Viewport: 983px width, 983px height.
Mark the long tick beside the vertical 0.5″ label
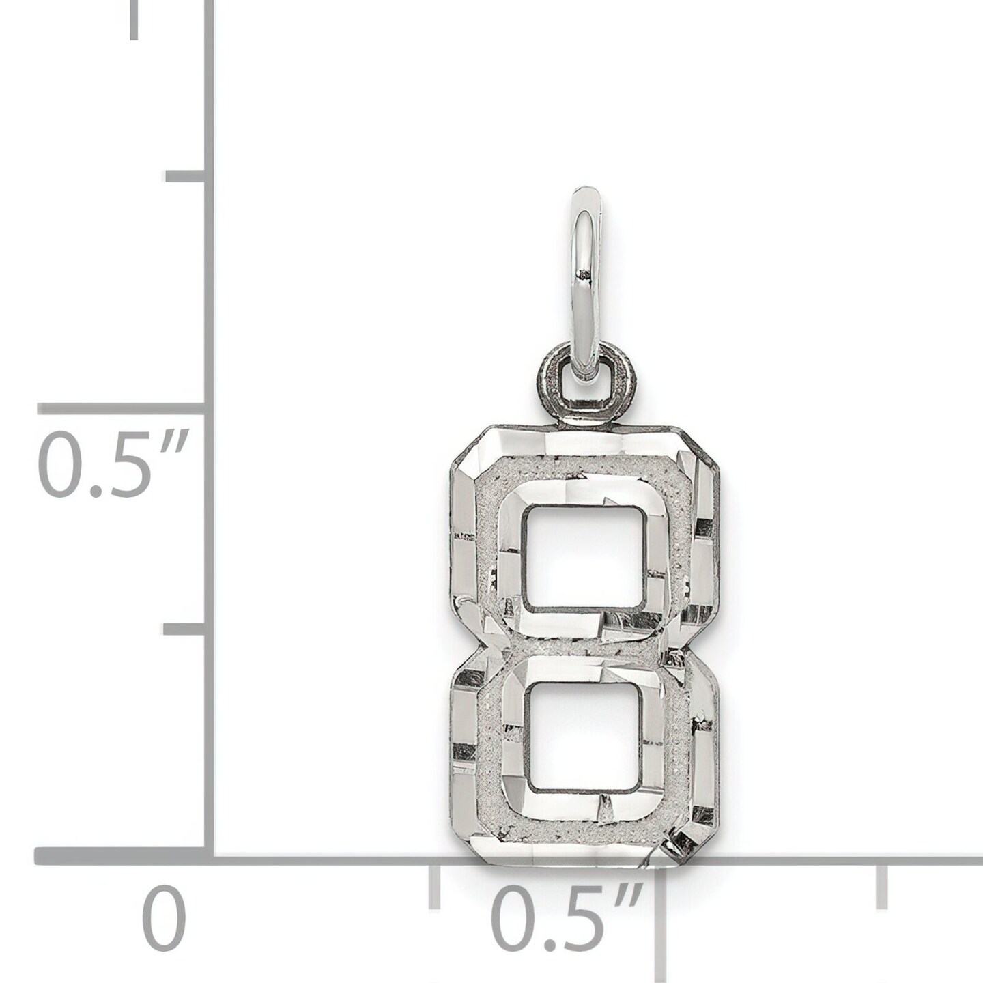click(x=122, y=409)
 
